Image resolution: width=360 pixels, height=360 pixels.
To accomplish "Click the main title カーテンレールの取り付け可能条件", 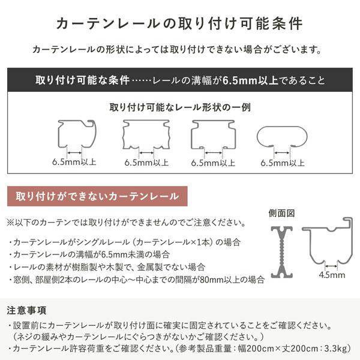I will [x=179, y=23].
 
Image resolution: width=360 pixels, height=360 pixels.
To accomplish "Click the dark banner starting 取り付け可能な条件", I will [x=179, y=80].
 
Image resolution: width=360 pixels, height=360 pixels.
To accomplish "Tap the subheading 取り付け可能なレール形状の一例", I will [x=180, y=108].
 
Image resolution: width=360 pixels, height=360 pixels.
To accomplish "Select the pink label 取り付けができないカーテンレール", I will [x=97, y=196].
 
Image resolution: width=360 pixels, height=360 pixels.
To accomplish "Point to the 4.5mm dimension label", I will [x=332, y=275].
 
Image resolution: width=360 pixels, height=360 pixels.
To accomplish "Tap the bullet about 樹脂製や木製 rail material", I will [x=108, y=266].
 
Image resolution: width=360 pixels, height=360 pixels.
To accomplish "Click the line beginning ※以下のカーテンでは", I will [x=126, y=223].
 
